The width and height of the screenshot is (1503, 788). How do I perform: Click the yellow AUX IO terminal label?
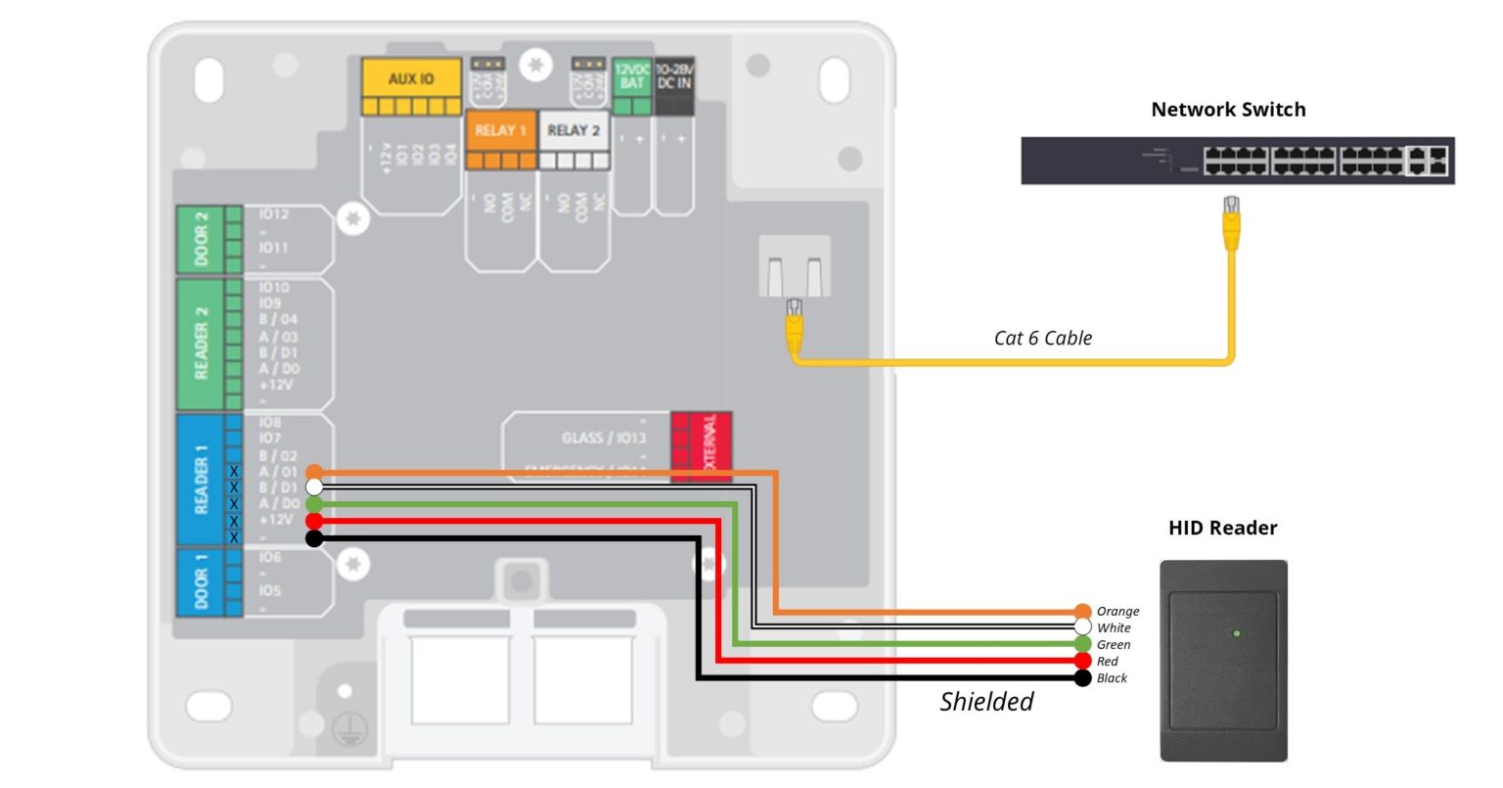click(x=411, y=78)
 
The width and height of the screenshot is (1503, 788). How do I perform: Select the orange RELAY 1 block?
click(x=500, y=131)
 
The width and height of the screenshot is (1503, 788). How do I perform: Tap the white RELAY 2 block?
click(x=573, y=131)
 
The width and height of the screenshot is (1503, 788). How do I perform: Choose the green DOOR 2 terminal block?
click(x=202, y=240)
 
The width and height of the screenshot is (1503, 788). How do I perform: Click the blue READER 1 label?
click(x=202, y=480)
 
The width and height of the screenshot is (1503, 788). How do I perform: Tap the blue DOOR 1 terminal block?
click(x=202, y=582)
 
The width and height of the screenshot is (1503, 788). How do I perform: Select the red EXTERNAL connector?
click(x=702, y=446)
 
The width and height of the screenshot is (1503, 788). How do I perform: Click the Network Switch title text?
click(x=1228, y=110)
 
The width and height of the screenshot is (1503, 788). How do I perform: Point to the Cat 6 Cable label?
click(x=1043, y=339)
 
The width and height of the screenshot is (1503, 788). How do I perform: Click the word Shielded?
click(x=986, y=702)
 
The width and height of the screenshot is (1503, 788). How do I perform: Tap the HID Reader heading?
click(x=1222, y=529)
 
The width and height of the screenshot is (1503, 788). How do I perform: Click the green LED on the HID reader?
click(x=1237, y=634)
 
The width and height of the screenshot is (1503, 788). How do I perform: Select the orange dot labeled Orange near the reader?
click(x=1082, y=612)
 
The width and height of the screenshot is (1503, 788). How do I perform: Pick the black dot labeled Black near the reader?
click(x=1082, y=678)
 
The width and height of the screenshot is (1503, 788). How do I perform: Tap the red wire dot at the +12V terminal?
click(x=314, y=522)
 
